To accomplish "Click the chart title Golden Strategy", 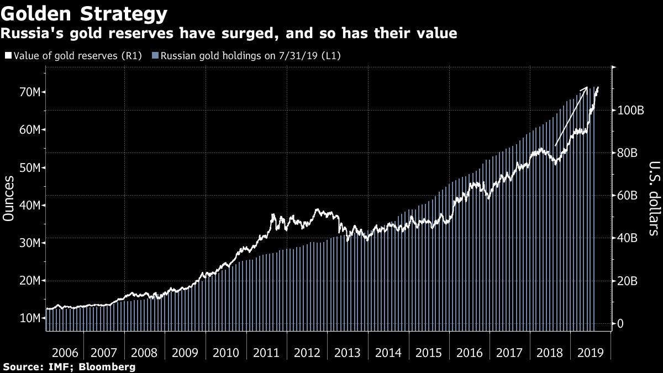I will (85, 13).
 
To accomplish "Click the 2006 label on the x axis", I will (65, 353).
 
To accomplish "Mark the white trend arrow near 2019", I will (571, 116).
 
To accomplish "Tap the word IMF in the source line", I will (54, 366).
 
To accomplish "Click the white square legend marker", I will (8, 56).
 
